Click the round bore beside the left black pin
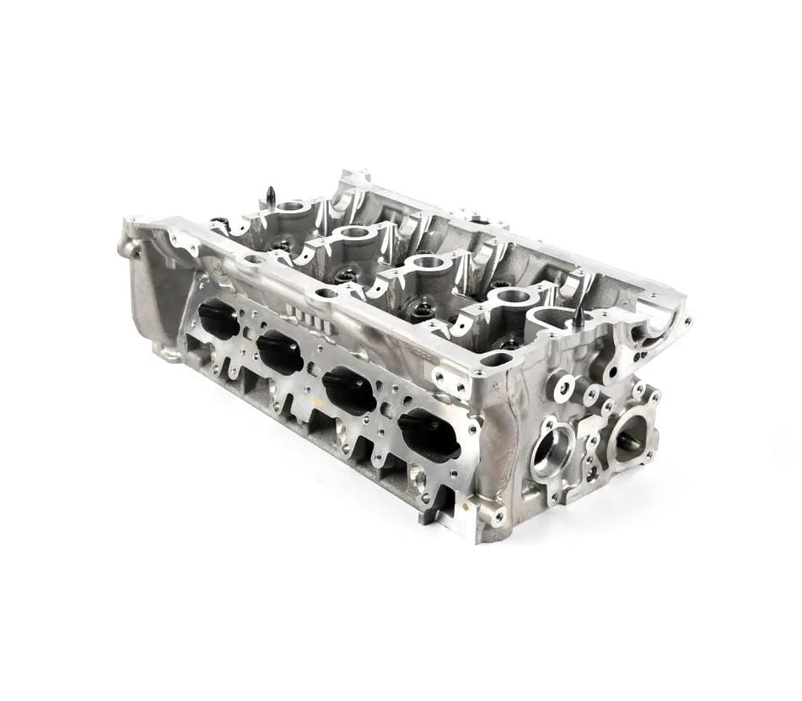click(x=293, y=206)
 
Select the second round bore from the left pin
click(x=354, y=232)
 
